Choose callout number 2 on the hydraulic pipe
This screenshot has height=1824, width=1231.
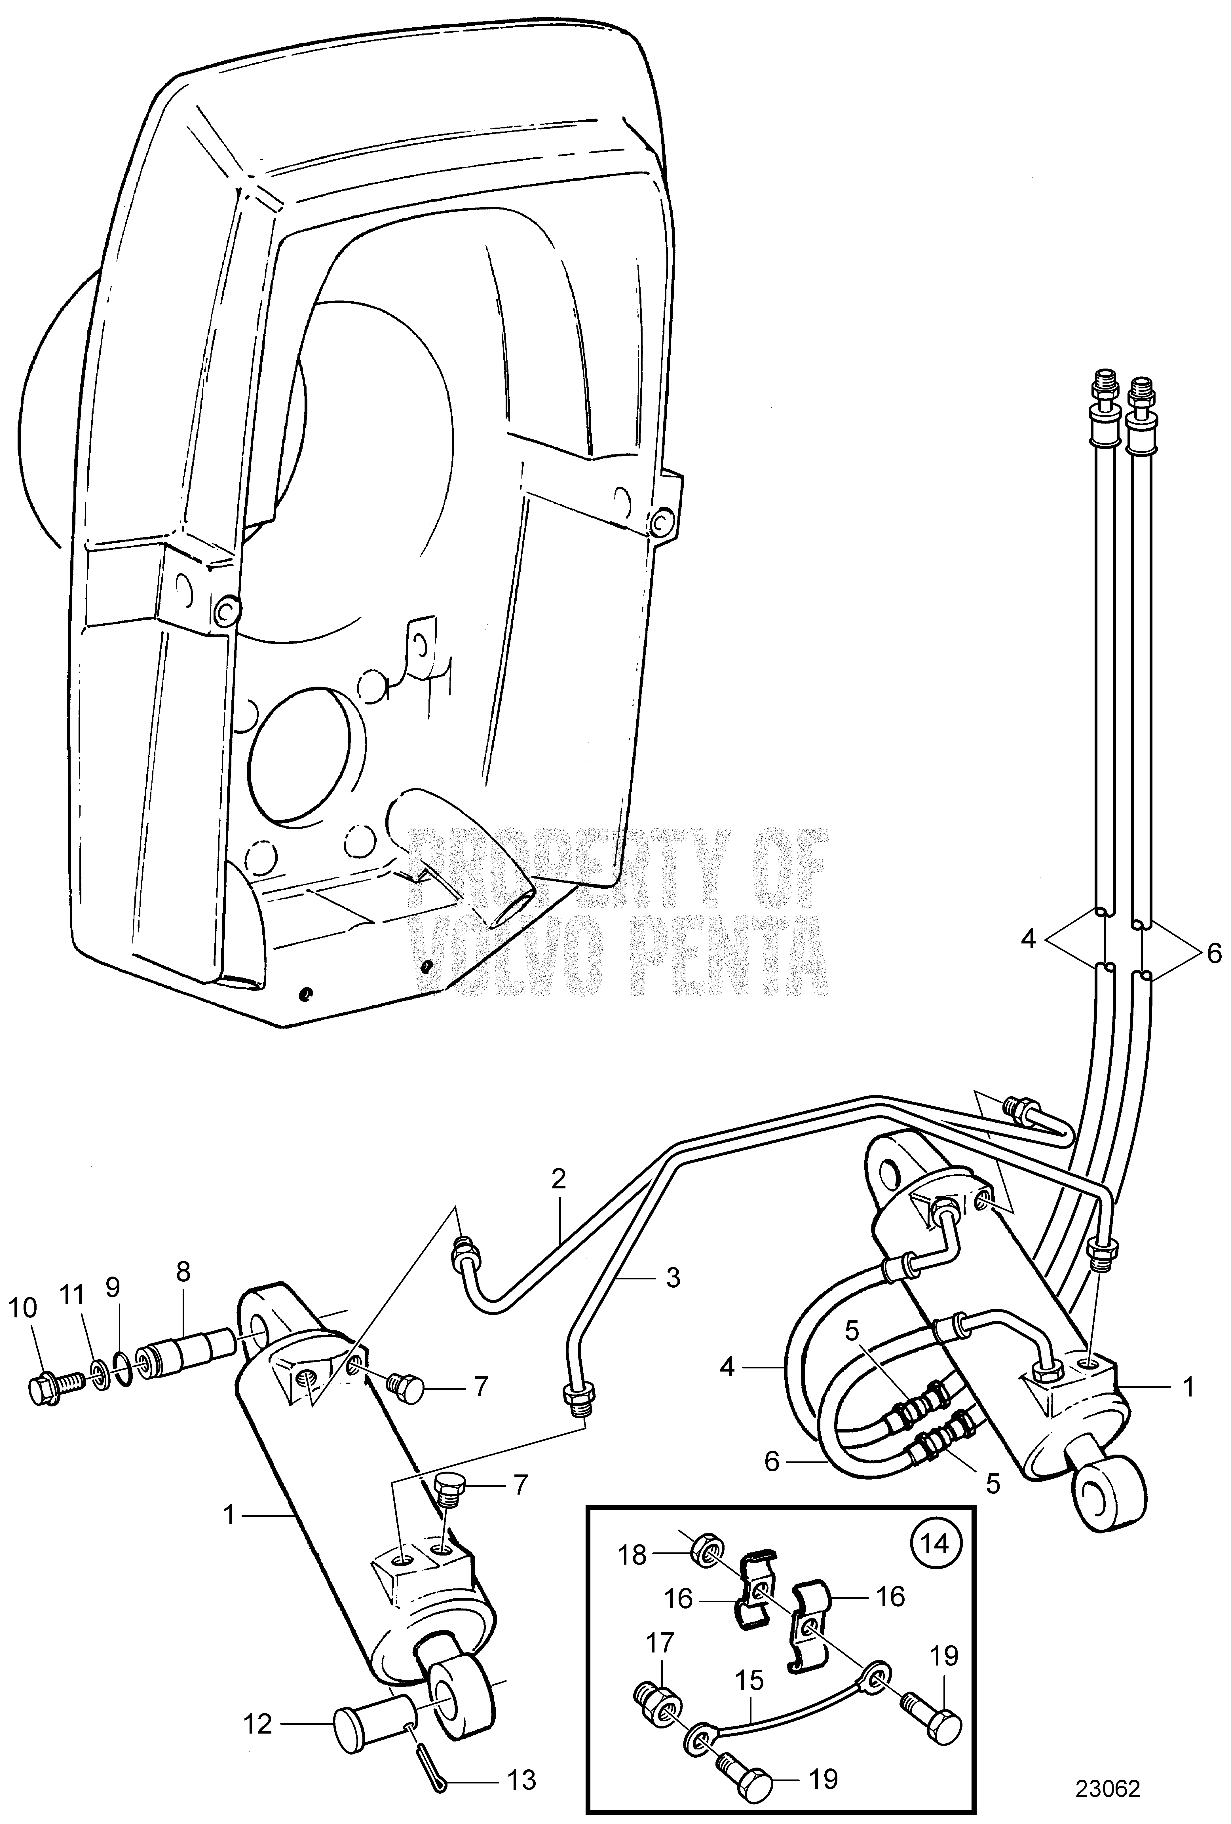558,1180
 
